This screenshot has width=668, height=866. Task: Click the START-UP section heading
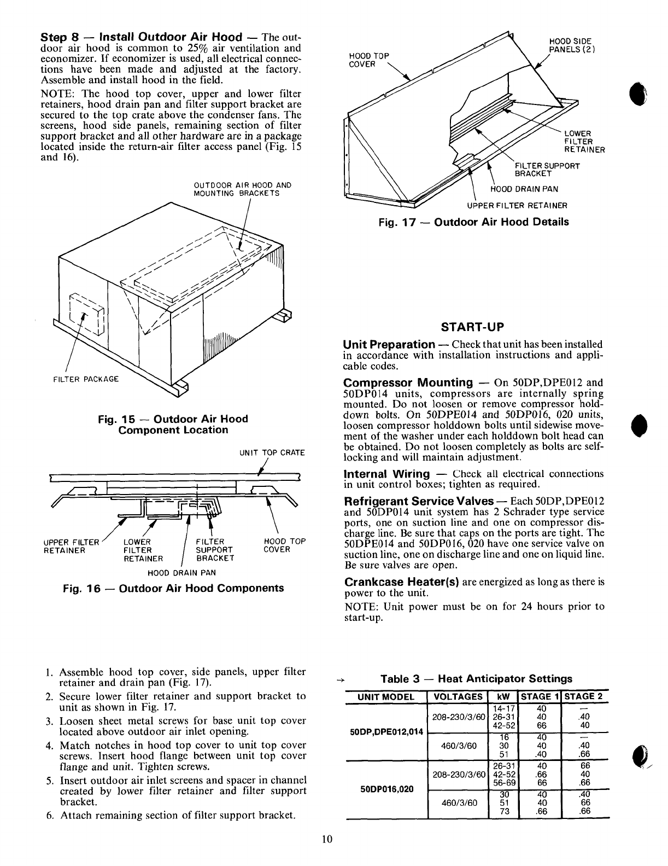click(473, 327)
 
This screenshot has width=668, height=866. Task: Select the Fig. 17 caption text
click(474, 222)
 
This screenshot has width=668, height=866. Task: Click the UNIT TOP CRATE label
click(272, 453)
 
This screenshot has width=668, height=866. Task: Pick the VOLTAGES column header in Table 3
click(457, 696)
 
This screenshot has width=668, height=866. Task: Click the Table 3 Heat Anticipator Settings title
click(476, 679)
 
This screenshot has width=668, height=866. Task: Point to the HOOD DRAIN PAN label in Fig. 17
click(524, 189)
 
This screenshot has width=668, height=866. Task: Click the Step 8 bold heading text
click(142, 37)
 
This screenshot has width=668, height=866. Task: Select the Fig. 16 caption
click(174, 588)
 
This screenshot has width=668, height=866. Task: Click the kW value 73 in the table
click(505, 811)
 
